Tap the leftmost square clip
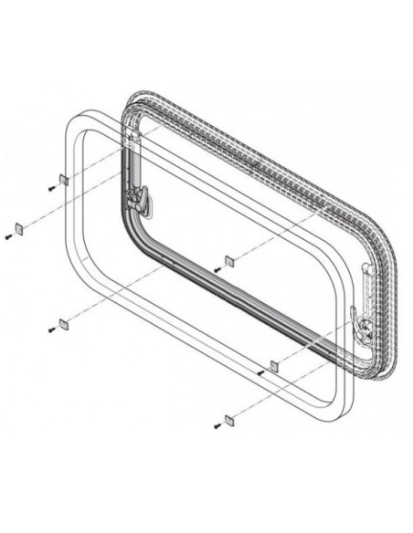[17, 225]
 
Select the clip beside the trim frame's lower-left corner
[63, 323]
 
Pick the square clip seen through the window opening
[229, 260]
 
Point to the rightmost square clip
[272, 364]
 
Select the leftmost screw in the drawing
[7, 236]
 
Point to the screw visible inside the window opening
[217, 269]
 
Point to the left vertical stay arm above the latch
[133, 151]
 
